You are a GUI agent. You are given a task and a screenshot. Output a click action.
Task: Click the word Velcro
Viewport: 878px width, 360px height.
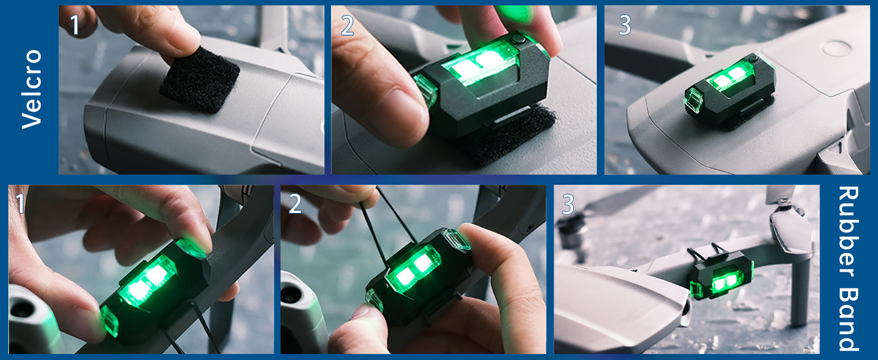(31, 89)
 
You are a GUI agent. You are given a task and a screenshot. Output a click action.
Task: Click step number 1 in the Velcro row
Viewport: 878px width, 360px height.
(74, 25)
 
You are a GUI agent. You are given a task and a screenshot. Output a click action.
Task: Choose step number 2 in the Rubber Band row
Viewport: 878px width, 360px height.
(294, 204)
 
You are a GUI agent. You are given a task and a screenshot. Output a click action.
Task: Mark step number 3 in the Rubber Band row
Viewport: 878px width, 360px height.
(568, 205)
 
